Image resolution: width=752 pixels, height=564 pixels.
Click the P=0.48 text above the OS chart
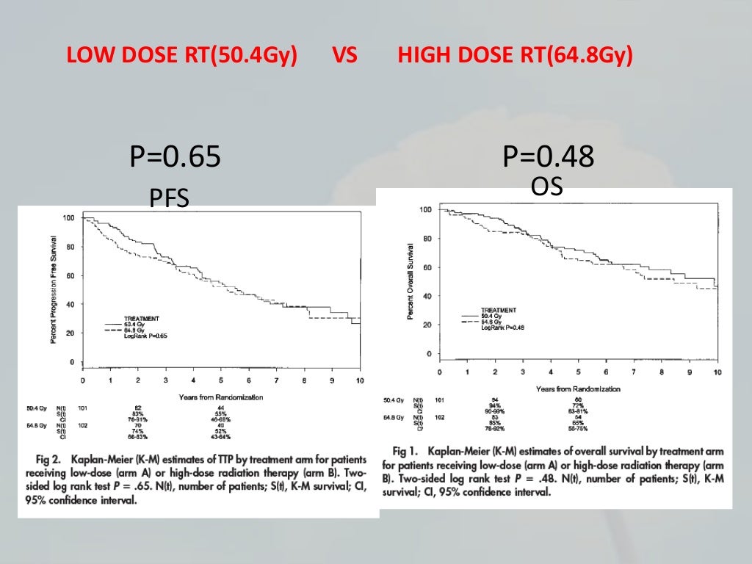pyautogui.click(x=549, y=156)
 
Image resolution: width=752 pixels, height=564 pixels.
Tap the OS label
pyautogui.click(x=547, y=187)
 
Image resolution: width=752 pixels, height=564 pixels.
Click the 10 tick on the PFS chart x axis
pyautogui.click(x=359, y=380)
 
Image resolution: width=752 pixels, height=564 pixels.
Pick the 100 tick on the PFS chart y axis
pyautogui.click(x=68, y=218)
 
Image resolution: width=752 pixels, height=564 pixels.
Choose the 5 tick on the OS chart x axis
pyautogui.click(x=579, y=372)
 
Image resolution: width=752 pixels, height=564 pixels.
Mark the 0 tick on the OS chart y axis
pyautogui.click(x=428, y=354)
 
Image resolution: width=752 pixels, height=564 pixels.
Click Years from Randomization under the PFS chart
pyautogui.click(x=221, y=397)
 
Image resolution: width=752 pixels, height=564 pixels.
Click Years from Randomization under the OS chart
pyautogui.click(x=578, y=388)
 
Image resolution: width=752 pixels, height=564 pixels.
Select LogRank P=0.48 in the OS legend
pyautogui.click(x=502, y=328)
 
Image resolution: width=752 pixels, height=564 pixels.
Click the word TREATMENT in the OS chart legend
pyautogui.click(x=498, y=310)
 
